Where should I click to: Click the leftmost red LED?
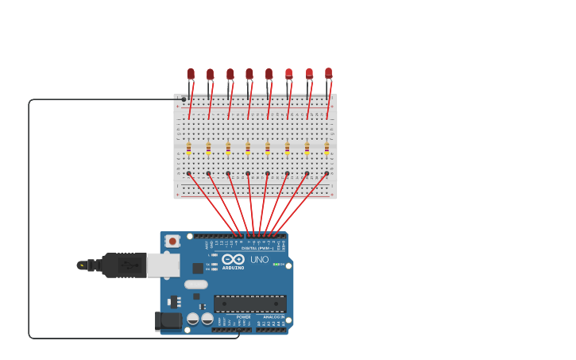click(x=191, y=74)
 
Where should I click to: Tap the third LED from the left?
click(x=230, y=74)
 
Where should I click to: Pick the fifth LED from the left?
click(x=269, y=74)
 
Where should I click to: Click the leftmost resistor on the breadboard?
click(x=189, y=148)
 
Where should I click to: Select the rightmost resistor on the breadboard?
click(x=327, y=148)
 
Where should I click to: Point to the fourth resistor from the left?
click(x=248, y=148)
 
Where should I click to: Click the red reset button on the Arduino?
click(x=172, y=240)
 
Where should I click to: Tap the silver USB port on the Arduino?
click(x=163, y=265)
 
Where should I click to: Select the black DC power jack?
click(x=168, y=320)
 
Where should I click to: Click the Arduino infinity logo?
click(x=233, y=259)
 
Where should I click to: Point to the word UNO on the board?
click(x=260, y=259)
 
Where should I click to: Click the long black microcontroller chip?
click(x=250, y=303)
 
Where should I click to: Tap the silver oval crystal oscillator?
click(x=196, y=284)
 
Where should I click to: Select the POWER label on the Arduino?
click(x=243, y=317)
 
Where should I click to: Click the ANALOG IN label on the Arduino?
click(x=273, y=317)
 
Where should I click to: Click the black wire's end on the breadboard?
click(x=184, y=99)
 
